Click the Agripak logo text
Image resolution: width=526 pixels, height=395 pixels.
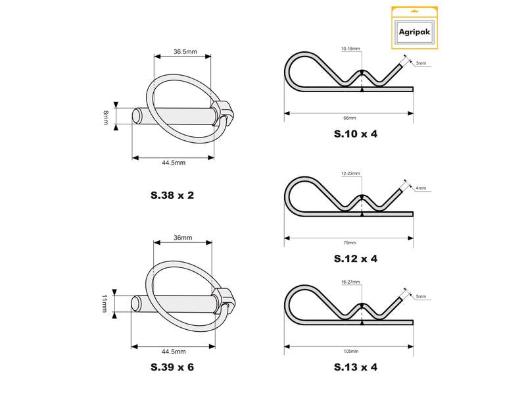[414, 32]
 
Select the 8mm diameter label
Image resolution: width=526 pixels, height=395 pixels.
[106, 118]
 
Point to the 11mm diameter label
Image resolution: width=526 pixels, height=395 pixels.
[105, 303]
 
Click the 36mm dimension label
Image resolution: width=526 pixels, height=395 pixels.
[183, 238]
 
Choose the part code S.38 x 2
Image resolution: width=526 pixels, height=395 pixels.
[172, 195]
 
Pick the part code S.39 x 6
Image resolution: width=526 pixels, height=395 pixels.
[172, 367]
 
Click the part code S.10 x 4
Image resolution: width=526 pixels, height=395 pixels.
[356, 134]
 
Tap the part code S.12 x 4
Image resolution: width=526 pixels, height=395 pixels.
[356, 259]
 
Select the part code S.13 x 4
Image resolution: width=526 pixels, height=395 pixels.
[356, 367]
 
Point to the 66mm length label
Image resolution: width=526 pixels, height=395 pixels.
[350, 118]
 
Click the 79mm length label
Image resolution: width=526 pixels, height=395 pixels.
[350, 243]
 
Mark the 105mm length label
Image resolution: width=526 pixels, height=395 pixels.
[351, 352]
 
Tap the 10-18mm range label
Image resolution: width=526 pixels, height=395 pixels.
[350, 49]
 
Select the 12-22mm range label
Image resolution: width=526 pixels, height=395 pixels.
[350, 174]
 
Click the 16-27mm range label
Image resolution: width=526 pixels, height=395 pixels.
[350, 282]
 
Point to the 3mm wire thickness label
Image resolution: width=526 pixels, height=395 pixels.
[421, 63]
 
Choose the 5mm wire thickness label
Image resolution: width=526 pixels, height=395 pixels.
[421, 297]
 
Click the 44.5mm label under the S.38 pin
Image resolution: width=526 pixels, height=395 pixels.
[174, 163]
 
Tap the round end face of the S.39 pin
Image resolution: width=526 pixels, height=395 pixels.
[136, 303]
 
